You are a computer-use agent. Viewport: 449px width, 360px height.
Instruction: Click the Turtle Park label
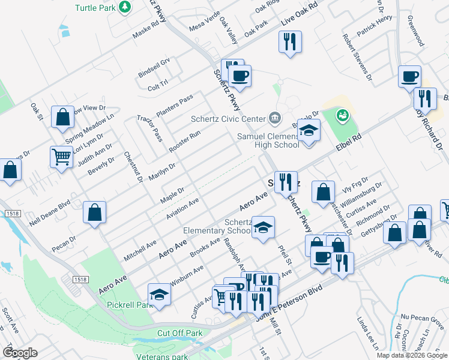[95, 8]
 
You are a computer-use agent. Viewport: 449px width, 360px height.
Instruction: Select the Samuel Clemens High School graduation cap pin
[309, 131]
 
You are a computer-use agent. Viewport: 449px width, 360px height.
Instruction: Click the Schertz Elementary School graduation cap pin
[263, 228]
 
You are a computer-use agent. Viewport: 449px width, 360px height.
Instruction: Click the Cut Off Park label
[179, 333]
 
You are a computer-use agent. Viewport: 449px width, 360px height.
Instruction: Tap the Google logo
[20, 352]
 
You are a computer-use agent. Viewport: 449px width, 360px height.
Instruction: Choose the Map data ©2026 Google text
[411, 355]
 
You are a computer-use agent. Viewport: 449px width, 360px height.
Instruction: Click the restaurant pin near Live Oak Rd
[290, 41]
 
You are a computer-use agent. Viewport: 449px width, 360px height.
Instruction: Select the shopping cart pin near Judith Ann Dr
[62, 157]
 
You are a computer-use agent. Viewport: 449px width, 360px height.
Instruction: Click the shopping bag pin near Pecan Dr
[95, 212]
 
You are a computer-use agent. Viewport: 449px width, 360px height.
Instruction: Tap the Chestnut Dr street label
[133, 167]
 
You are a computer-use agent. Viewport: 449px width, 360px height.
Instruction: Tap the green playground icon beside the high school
[342, 114]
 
